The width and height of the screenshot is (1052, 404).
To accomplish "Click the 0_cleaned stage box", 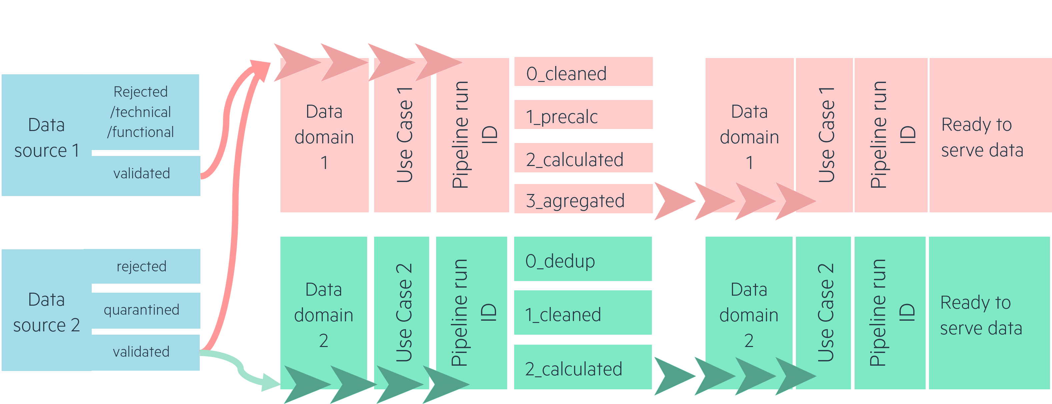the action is pyautogui.click(x=583, y=71).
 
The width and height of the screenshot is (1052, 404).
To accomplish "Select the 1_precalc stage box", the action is pyautogui.click(x=583, y=115).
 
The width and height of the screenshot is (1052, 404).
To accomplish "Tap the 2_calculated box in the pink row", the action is pyautogui.click(x=583, y=158).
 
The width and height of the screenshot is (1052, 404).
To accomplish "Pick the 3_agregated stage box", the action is pyautogui.click(x=583, y=199).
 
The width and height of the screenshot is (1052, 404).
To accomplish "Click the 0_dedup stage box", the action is pyautogui.click(x=583, y=259).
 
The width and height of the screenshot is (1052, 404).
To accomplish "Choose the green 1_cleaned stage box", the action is pyautogui.click(x=583, y=313).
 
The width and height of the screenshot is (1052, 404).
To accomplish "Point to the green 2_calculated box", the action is pyautogui.click(x=583, y=367).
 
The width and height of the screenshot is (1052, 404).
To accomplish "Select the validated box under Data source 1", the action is pyautogui.click(x=146, y=173).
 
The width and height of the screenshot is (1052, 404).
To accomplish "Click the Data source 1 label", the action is pyautogui.click(x=47, y=138).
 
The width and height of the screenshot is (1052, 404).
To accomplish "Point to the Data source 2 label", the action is pyautogui.click(x=47, y=312).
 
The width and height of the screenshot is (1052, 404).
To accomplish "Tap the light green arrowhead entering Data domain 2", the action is pyautogui.click(x=270, y=382).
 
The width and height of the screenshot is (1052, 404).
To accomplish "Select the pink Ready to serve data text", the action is pyautogui.click(x=982, y=137).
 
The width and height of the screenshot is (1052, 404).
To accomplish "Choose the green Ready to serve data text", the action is pyautogui.click(x=981, y=315).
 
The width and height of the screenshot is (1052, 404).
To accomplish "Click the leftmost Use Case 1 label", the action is pyautogui.click(x=405, y=135).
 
